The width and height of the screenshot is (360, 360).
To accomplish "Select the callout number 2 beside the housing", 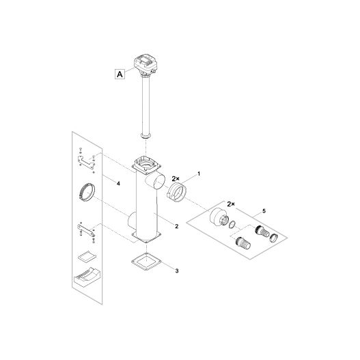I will (x=176, y=225).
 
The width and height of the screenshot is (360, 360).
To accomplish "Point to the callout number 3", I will (x=176, y=271).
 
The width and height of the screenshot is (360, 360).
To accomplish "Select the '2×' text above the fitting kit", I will (x=230, y=204).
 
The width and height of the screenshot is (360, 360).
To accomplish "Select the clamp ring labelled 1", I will (x=176, y=191).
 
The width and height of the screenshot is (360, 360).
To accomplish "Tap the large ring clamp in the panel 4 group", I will (x=87, y=191).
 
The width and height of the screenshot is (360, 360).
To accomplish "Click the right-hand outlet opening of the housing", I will (x=157, y=182).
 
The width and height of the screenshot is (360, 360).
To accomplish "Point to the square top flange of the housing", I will (x=146, y=165).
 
